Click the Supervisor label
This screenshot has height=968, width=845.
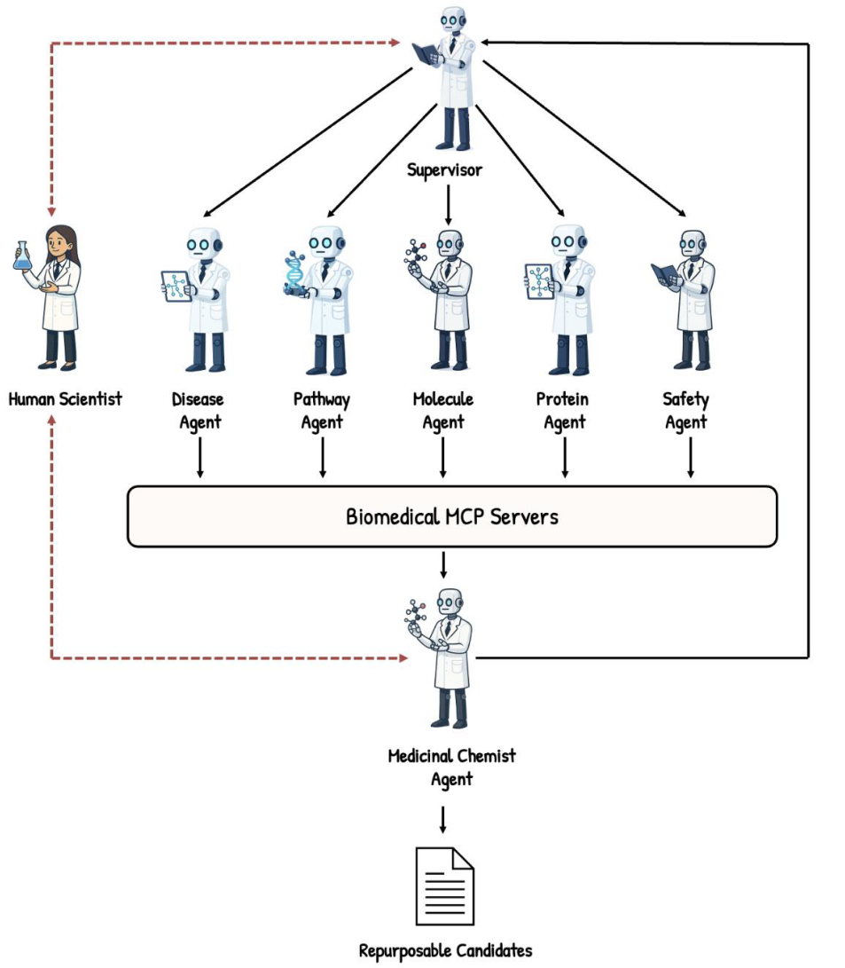tap(445, 169)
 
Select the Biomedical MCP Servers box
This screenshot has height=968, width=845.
tap(452, 515)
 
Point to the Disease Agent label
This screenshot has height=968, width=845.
tap(199, 411)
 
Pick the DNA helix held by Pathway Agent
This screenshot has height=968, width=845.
tap(293, 272)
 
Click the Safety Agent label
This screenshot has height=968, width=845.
tap(685, 411)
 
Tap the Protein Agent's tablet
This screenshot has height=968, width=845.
tap(538, 279)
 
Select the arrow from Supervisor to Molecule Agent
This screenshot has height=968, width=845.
tap(448, 203)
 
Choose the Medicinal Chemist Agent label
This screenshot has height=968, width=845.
tap(451, 767)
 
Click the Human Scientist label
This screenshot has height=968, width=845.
tap(65, 399)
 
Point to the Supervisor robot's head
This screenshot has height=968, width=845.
tap(453, 19)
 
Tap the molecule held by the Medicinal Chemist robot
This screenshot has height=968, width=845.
tap(415, 613)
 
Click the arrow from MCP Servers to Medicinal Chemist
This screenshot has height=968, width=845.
tap(443, 564)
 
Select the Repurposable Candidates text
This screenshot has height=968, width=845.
tap(445, 951)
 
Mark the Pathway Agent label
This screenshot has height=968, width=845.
tap(322, 411)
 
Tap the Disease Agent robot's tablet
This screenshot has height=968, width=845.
tap(176, 286)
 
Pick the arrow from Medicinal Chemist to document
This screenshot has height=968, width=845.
tap(443, 819)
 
